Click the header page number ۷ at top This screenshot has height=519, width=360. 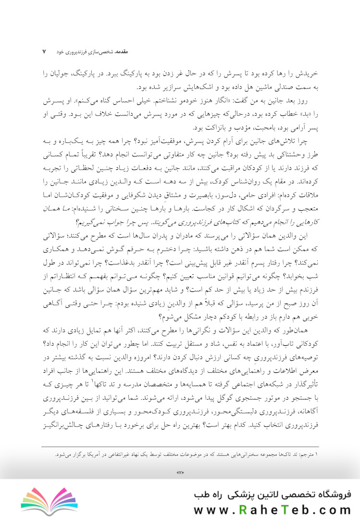[44, 50]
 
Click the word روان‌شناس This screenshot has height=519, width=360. [268, 181]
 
